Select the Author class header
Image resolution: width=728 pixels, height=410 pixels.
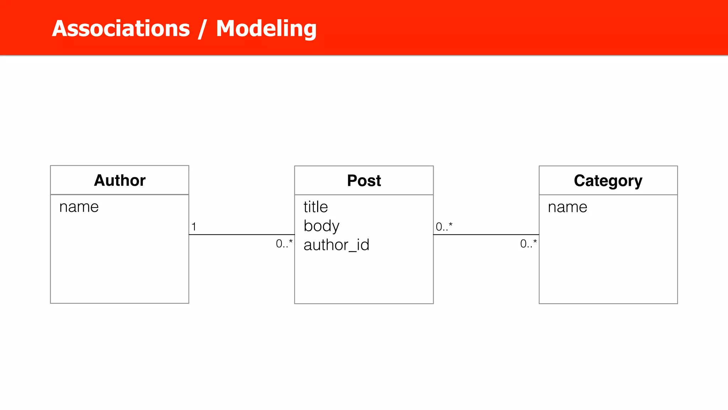pos(119,180)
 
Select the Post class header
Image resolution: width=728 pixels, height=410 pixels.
pos(364,180)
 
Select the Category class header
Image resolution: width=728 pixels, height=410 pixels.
pos(608,181)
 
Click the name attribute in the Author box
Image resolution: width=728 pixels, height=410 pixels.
pos(79,207)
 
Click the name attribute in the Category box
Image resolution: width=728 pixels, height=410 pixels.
pos(567,207)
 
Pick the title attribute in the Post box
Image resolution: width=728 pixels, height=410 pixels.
pos(316,207)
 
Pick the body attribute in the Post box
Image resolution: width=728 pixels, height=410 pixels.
pos(321,226)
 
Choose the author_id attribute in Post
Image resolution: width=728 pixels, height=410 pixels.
pos(336,245)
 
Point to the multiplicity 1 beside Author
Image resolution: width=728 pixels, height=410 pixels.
pos(194,226)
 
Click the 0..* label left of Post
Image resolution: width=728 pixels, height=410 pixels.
pos(284,243)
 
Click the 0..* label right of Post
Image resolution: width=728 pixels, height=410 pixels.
pos(444,226)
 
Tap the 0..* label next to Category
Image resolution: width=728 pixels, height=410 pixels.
pos(528,243)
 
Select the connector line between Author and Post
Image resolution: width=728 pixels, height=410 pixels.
pos(242,235)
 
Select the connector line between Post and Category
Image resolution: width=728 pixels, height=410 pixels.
pos(486,235)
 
